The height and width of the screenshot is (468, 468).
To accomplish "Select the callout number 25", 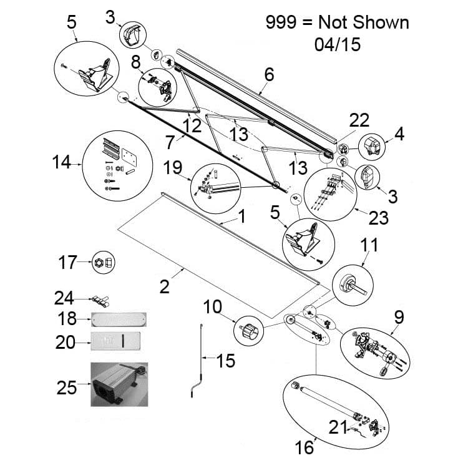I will pos(66,388).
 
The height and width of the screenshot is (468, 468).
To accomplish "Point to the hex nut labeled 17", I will pos(102,263).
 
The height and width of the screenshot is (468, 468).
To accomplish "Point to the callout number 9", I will pos(399,317).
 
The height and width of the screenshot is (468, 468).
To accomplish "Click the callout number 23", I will pos(378,218).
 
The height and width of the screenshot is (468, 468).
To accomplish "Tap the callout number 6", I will pos(269,74).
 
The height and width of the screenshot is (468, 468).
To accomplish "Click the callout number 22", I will pos(359,120).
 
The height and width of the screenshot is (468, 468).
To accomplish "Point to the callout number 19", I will pos(172,167).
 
